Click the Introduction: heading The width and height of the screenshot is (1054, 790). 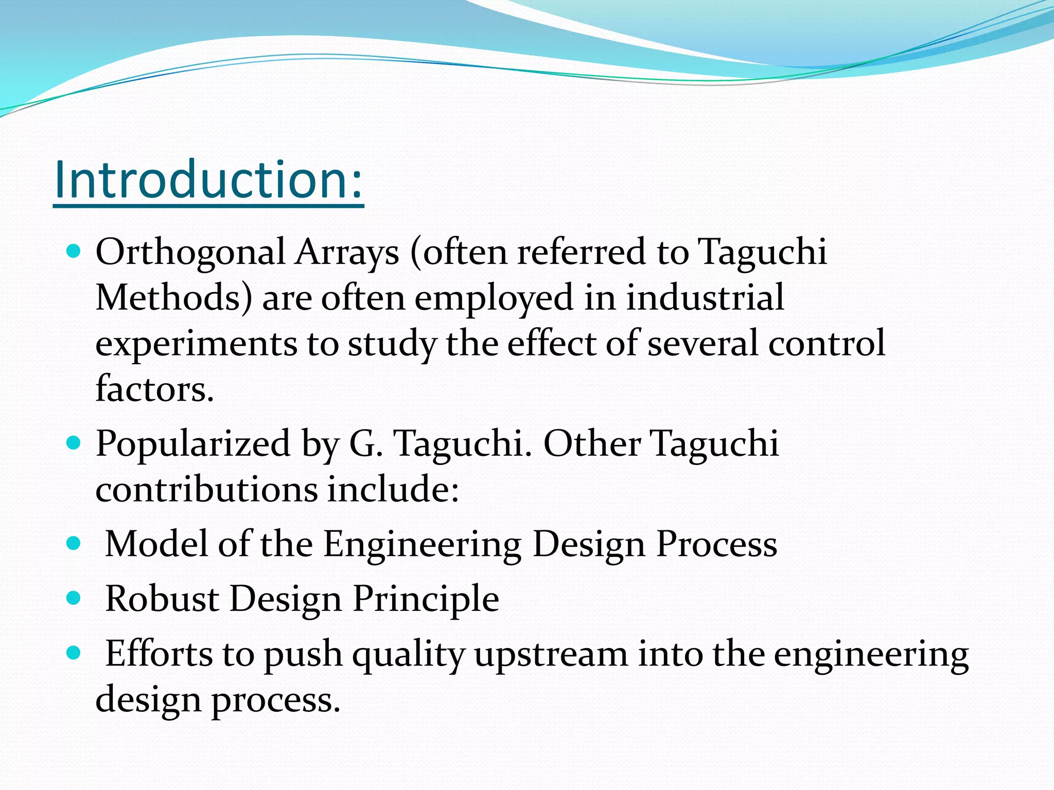[x=208, y=180]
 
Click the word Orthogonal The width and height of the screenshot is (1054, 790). [x=190, y=253]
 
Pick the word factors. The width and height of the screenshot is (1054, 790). [x=154, y=389]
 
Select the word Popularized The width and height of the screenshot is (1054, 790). [x=193, y=444]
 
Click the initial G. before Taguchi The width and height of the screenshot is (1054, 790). [x=366, y=443]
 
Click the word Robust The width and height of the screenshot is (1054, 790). [x=162, y=599]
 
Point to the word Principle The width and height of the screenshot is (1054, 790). [x=426, y=600]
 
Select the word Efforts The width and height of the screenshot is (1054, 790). [x=159, y=654]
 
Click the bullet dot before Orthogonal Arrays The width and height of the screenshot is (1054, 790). [x=74, y=252]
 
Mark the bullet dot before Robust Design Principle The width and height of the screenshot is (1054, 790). [x=74, y=598]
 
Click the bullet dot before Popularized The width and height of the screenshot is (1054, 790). [x=74, y=442]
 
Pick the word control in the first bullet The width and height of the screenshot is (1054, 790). [x=827, y=344]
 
